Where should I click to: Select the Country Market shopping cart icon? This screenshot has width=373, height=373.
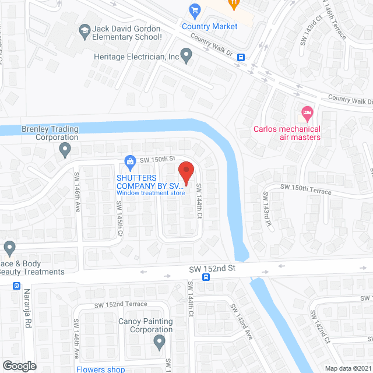coord(195,10)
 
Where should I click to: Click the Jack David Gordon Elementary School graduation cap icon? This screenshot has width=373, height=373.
coord(85,29)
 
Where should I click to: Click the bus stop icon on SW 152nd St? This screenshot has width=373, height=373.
coord(206,277)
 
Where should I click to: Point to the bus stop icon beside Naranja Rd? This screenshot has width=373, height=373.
coord(16,286)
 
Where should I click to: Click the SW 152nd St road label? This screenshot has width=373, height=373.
coord(212,268)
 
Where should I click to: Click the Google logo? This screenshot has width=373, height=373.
coord(19,365)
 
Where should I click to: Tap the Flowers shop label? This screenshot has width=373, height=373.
coord(100,369)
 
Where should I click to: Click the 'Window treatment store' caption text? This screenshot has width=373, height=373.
coord(150,193)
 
